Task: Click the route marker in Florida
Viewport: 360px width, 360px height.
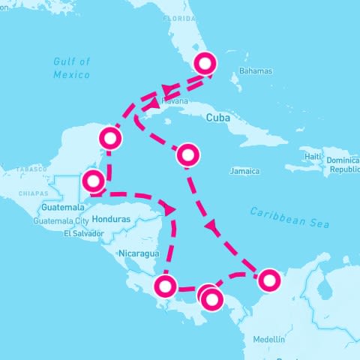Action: [205, 63]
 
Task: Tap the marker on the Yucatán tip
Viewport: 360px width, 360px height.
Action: [111, 138]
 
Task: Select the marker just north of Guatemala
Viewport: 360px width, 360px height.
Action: [93, 181]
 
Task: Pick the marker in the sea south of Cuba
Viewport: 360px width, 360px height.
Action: [188, 155]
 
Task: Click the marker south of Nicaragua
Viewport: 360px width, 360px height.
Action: [166, 286]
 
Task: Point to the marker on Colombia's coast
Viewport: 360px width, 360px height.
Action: [268, 280]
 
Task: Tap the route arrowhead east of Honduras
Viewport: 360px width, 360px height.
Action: [170, 208]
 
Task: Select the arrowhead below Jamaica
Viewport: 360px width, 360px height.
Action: [212, 225]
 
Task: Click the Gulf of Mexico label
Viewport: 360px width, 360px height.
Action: [71, 68]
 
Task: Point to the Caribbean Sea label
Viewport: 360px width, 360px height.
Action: [289, 217]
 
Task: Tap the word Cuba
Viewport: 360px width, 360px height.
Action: [217, 118]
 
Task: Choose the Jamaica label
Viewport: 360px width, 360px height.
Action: [244, 171]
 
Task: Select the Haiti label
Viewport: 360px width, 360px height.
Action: [314, 156]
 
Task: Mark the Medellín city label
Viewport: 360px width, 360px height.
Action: [269, 339]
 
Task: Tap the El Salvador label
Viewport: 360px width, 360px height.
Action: [82, 233]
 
